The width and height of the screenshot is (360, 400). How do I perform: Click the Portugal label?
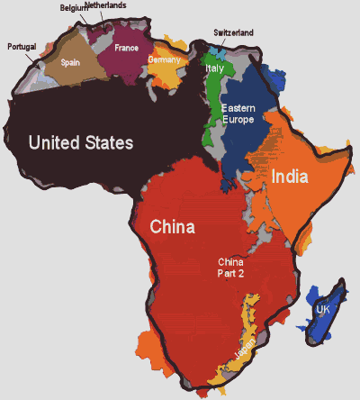pyautogui.click(x=22, y=46)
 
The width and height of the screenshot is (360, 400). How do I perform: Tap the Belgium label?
pyautogui.click(x=75, y=8)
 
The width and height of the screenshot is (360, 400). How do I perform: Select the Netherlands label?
pyautogui.click(x=106, y=5)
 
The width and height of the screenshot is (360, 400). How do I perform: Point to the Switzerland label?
pyautogui.click(x=233, y=32)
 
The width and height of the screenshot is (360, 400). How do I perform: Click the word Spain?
pyautogui.click(x=71, y=63)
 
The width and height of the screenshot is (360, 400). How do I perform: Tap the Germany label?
pyautogui.click(x=165, y=59)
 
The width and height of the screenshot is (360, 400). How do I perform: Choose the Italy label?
pyautogui.click(x=214, y=68)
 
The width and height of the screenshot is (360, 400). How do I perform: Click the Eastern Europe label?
pyautogui.click(x=238, y=114)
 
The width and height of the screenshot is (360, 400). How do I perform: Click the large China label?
pyautogui.click(x=172, y=227)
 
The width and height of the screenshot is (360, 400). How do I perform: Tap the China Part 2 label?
pyautogui.click(x=231, y=268)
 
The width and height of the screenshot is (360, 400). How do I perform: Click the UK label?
pyautogui.click(x=322, y=311)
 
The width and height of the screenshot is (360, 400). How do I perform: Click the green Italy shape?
pyautogui.click(x=212, y=108)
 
